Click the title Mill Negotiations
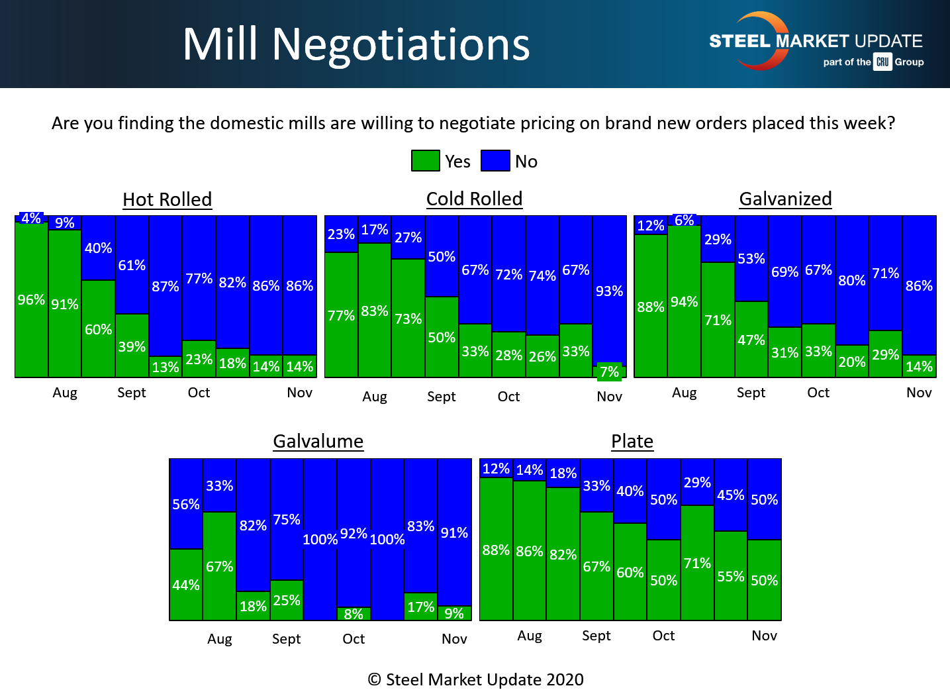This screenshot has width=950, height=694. coord(356,44)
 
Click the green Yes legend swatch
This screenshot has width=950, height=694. coord(426,161)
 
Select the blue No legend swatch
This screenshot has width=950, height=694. coord(495,161)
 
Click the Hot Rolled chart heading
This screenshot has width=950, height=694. coord(167,199)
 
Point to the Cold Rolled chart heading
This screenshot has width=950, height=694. coord(474,199)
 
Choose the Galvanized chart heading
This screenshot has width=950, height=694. coord(785,199)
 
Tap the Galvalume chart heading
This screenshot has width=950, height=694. coord(318,441)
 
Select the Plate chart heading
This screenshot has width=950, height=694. coord(632,441)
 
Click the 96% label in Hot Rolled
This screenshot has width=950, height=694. coord(31,300)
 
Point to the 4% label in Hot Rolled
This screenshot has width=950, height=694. coord(31,218)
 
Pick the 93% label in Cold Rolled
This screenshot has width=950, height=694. coord(609,291)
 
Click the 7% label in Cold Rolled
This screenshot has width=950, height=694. coord(609,372)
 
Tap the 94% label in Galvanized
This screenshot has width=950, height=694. coord(684,302)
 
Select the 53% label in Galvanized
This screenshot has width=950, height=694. coord(751,258)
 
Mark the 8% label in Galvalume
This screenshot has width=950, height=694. coord(354,614)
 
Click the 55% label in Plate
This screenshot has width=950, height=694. coord(731,576)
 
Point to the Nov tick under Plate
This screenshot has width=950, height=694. coord(764,636)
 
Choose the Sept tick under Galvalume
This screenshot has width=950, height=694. coord(286,639)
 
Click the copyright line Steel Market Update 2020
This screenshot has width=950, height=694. coord(476,679)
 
